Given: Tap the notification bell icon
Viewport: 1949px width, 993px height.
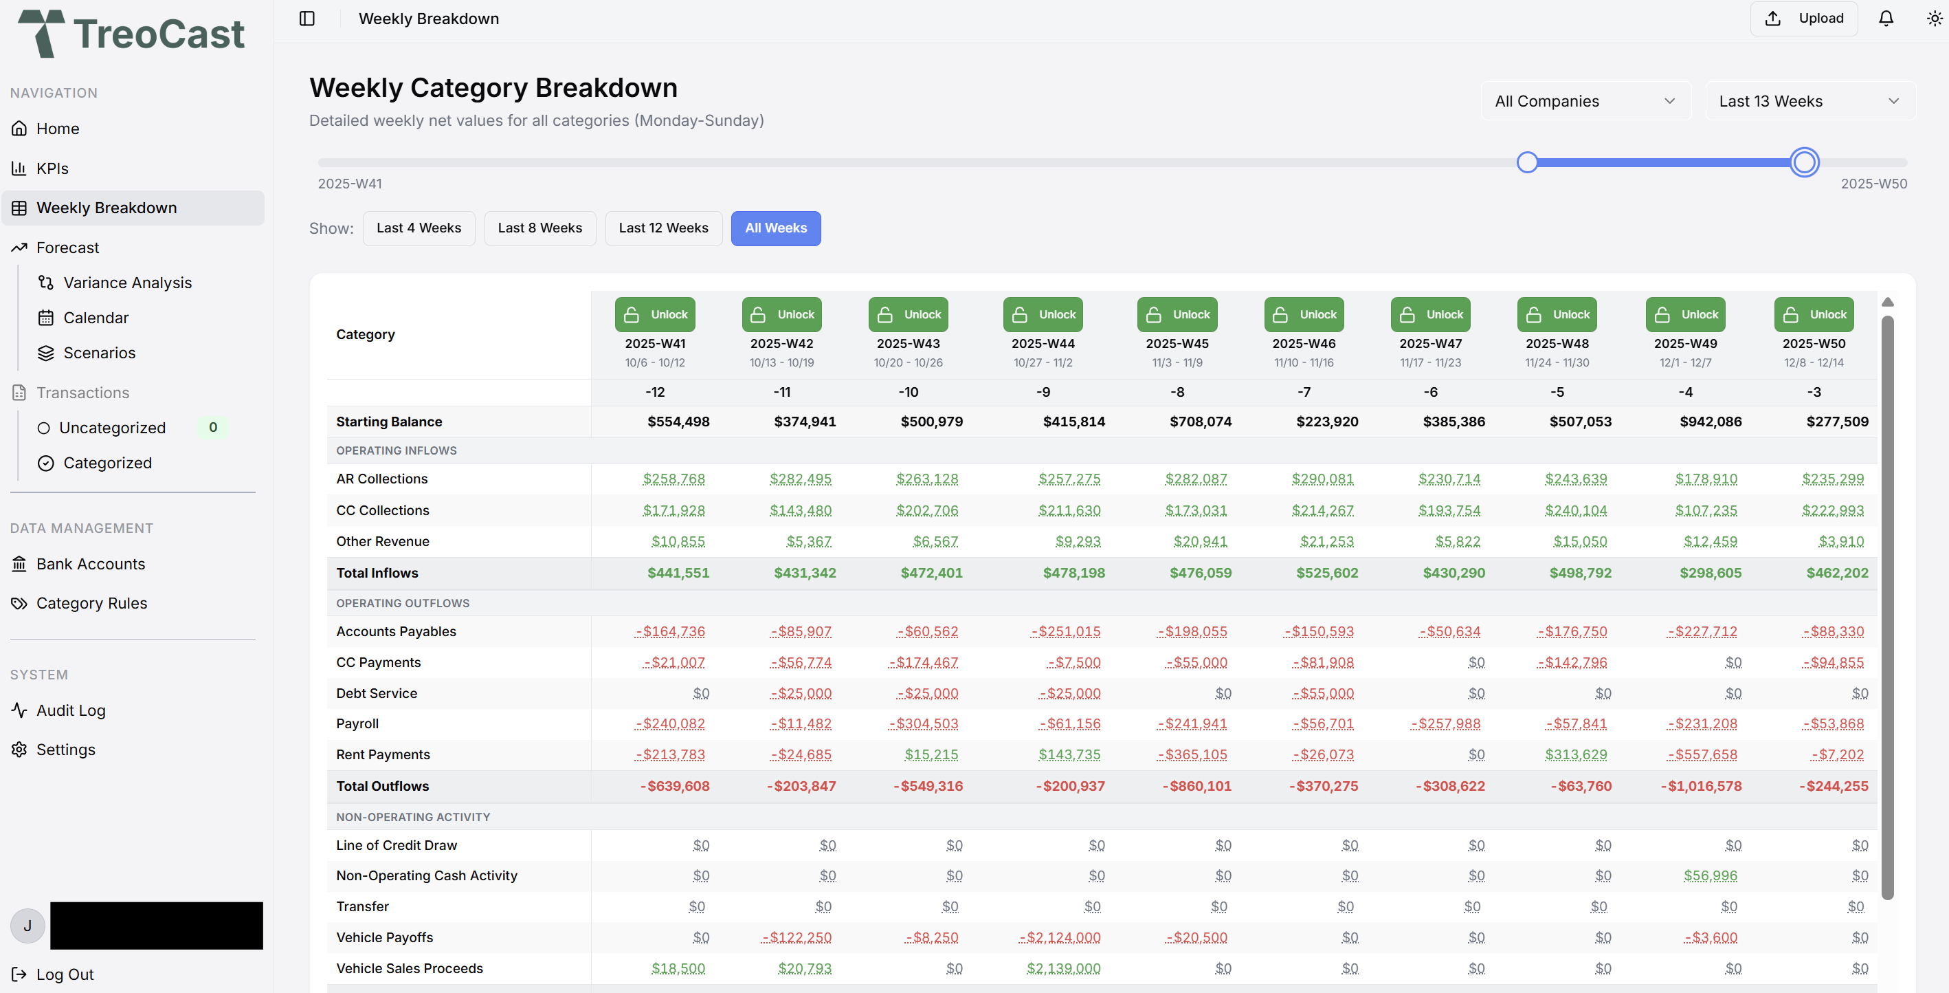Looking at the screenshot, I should coord(1886,18).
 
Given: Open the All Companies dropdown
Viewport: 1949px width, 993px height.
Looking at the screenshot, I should coord(1584,100).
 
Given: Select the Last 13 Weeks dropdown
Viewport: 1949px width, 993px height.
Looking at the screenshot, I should coord(1808,100).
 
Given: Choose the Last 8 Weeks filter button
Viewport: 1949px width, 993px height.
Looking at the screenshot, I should coord(539,228).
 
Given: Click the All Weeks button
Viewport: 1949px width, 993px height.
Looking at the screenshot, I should coord(775,228).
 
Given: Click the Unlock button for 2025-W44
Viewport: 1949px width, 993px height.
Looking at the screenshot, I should coord(1043,314).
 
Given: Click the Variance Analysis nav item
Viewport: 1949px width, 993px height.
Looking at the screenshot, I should coord(127,283).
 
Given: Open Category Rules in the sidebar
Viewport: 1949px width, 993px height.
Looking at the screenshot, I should coord(91,603).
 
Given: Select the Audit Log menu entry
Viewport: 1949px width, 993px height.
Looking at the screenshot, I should coord(70,710).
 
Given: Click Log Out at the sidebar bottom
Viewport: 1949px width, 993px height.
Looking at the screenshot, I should coord(65,974).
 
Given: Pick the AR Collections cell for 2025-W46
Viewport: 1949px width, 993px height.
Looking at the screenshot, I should coord(1322,479).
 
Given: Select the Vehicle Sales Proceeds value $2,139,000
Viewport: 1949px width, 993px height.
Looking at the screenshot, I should coord(1063,968).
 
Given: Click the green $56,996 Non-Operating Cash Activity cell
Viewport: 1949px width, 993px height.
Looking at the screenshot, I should coord(1710,875).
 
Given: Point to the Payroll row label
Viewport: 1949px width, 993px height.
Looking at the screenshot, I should coord(357,723).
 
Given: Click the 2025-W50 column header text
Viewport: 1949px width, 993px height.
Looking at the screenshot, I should coord(1814,343).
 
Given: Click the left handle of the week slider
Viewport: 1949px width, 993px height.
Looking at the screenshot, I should coord(1527,162).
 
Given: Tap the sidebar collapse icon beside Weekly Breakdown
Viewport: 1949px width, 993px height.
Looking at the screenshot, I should coord(307,18).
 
